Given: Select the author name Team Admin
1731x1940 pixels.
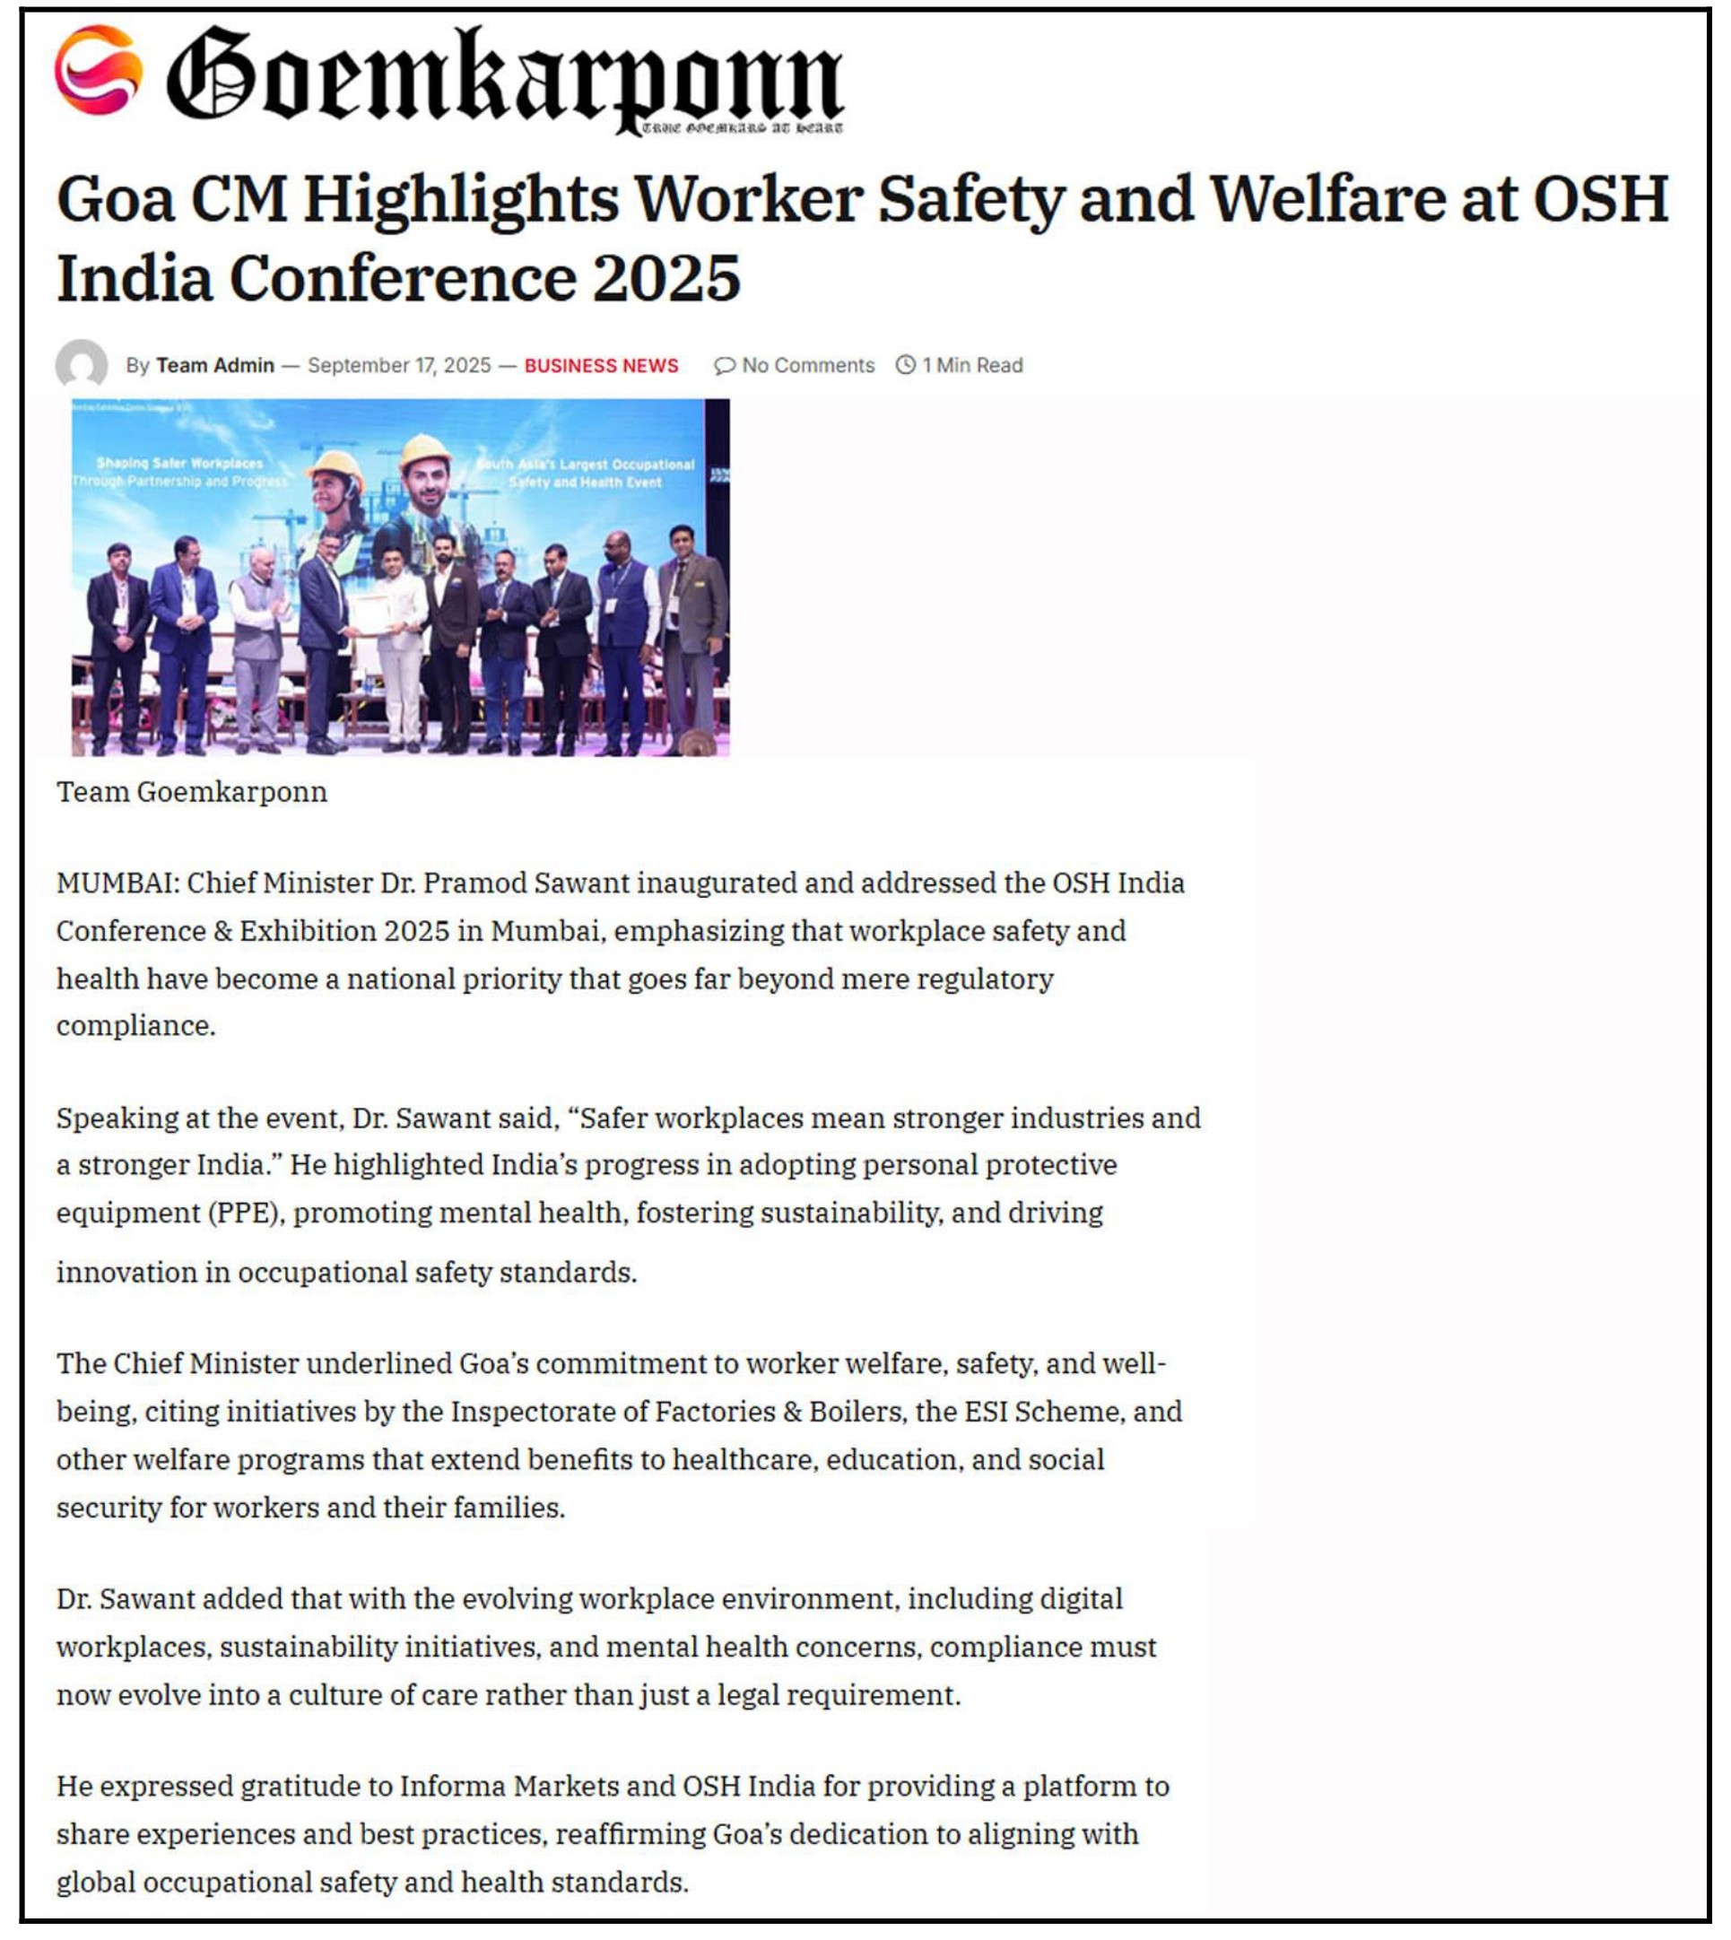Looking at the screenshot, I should point(215,365).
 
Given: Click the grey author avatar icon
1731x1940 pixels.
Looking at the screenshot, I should point(82,364).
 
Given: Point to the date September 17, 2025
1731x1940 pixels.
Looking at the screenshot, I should point(399,365).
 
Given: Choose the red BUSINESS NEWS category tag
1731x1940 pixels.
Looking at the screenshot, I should point(601,365).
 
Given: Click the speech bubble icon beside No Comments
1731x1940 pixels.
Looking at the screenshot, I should point(724,365).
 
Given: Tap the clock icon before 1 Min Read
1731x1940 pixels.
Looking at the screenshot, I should point(906,364).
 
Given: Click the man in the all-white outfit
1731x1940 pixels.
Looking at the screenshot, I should point(399,647).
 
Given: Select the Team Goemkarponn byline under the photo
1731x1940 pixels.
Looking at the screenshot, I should point(191,791).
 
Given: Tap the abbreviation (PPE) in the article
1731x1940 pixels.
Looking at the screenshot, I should point(245,1214).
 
